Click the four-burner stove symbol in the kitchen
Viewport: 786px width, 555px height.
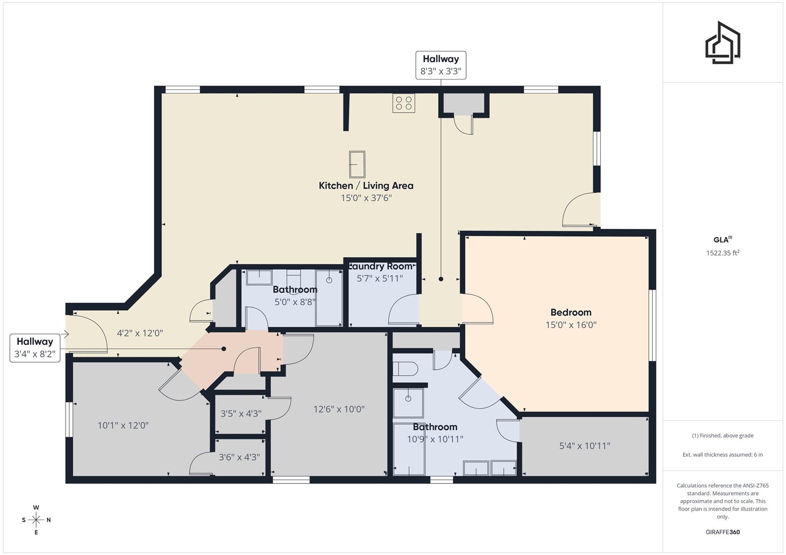403,103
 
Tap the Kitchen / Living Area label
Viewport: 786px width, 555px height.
366,186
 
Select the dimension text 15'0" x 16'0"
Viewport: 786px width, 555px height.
571,325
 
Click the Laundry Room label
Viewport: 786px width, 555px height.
380,266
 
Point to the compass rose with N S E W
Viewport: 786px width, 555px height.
36,520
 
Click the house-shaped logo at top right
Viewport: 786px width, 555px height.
722,43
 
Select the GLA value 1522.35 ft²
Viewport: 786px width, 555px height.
723,253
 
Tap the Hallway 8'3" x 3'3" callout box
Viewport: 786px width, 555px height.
441,65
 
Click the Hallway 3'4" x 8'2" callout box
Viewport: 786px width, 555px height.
35,348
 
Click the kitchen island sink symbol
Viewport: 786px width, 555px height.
357,164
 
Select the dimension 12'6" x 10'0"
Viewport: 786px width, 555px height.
339,409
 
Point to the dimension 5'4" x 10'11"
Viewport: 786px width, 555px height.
585,446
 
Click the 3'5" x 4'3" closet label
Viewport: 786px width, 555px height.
241,414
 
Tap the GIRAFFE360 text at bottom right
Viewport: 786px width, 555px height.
722,532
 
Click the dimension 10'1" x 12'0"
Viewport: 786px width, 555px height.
123,425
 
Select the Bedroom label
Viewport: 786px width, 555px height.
571,312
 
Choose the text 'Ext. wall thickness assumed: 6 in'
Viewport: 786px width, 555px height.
722,455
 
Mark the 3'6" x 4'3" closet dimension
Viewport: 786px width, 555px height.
239,457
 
